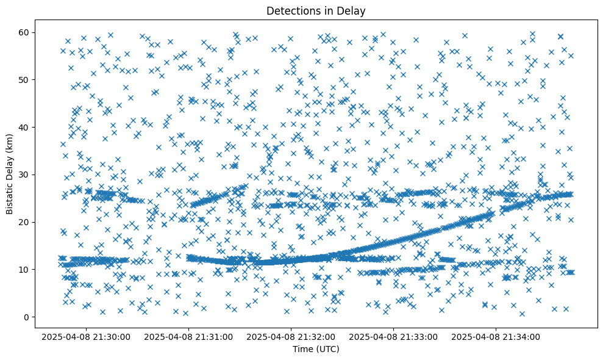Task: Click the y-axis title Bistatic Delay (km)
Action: (x=10, y=173)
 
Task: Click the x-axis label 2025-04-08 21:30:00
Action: (x=85, y=336)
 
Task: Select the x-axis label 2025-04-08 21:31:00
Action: (x=188, y=336)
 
